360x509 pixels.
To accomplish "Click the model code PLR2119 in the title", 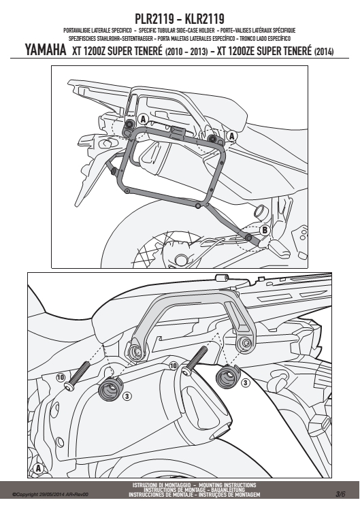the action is [x=154, y=19].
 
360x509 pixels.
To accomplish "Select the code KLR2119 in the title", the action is [x=204, y=19].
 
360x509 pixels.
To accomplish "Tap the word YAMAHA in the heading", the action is [x=46, y=50].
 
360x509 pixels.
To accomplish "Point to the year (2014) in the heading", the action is [x=324, y=52].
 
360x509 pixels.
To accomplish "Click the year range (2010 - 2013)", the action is [x=186, y=52].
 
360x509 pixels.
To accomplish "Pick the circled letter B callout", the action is [x=265, y=230].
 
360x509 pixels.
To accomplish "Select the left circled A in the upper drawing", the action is [x=143, y=120].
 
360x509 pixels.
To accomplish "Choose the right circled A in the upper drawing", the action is [x=231, y=136].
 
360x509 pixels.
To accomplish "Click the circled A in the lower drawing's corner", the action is [x=38, y=468].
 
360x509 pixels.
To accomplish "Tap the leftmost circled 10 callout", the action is [x=61, y=377].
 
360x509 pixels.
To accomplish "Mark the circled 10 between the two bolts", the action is [x=174, y=366].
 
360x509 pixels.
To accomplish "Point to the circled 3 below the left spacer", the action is [x=127, y=396].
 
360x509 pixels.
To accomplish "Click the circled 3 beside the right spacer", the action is [x=245, y=383].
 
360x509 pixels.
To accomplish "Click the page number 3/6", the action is [x=340, y=494].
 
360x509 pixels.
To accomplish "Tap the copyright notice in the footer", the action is [x=50, y=495].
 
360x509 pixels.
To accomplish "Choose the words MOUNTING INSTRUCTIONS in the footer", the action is [x=227, y=485].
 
